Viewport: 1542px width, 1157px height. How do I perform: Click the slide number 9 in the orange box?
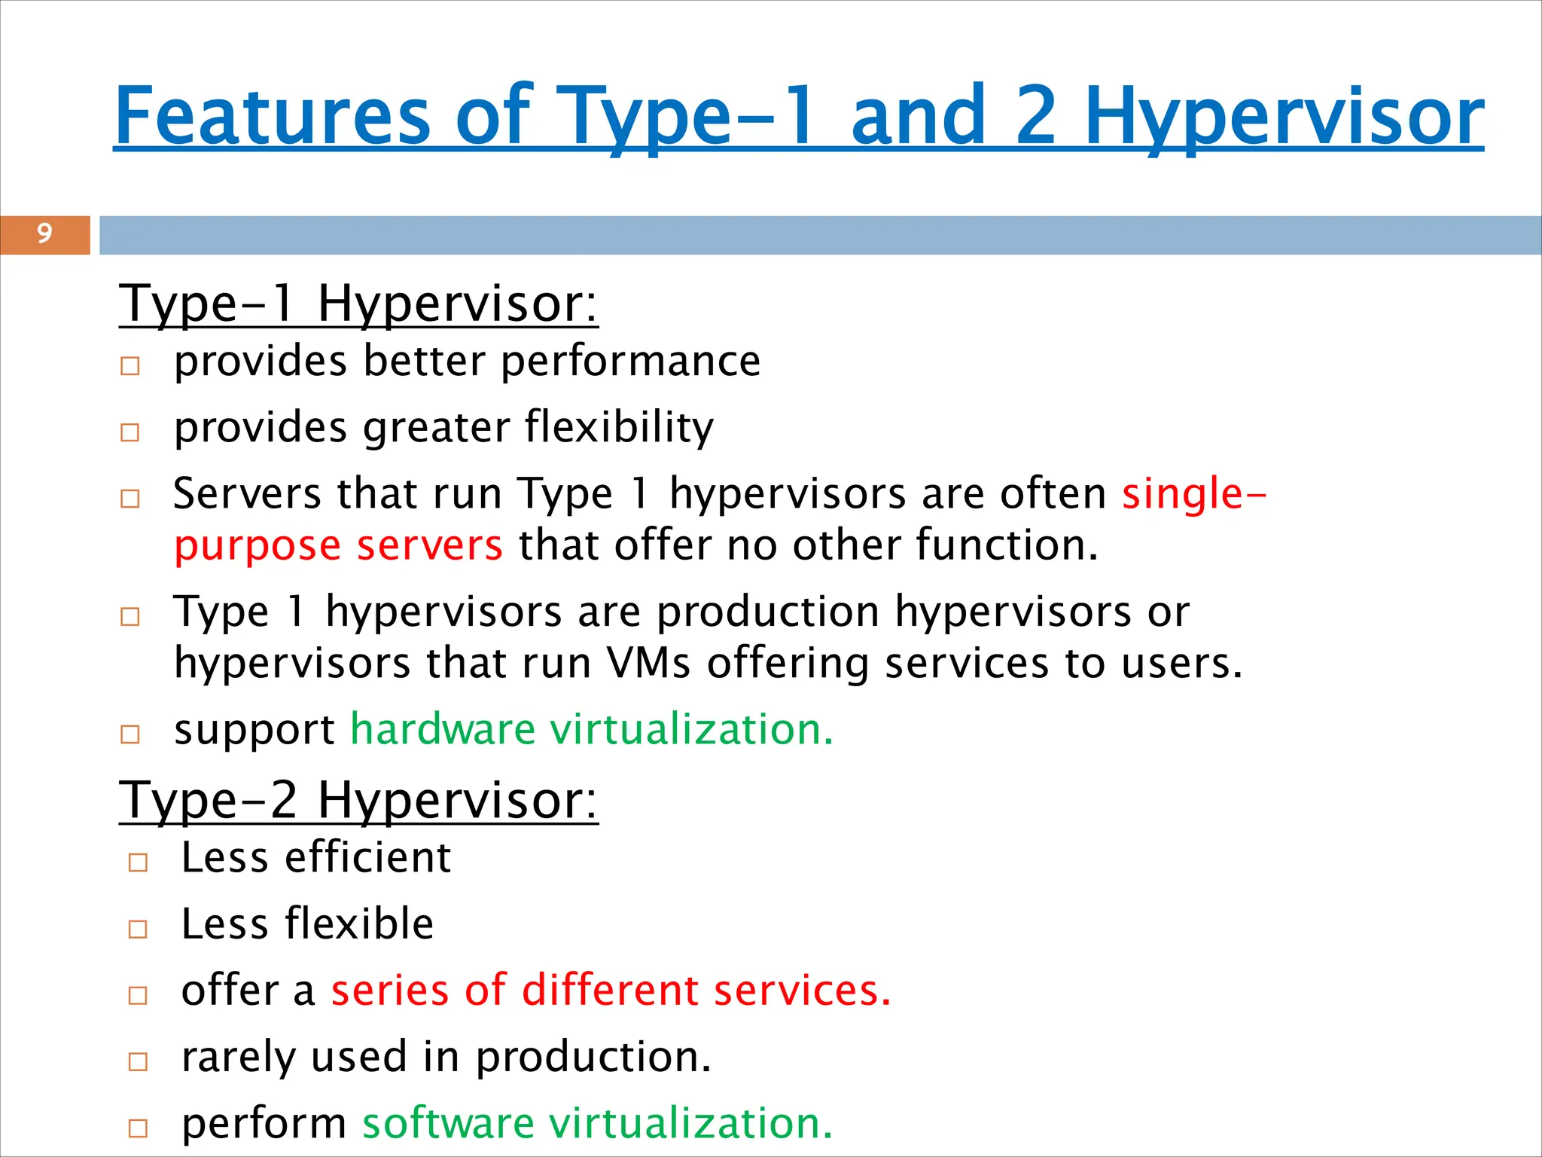44,234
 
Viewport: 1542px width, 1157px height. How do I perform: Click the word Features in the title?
273,116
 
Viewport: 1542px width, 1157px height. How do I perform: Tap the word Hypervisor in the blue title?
1284,116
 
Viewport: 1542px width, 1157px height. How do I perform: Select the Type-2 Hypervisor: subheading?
358,800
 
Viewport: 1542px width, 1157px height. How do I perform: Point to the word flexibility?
619,428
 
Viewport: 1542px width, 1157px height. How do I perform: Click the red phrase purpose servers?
338,545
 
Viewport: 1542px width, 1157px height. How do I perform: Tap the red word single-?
1194,494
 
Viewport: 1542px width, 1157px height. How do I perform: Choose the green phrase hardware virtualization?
592,730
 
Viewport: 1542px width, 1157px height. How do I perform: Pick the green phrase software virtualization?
597,1123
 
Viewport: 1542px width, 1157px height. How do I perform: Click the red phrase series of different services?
611,991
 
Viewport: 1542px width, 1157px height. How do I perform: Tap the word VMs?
648,664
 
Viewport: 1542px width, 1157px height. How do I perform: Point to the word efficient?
367,858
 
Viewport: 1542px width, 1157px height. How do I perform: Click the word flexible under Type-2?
359,924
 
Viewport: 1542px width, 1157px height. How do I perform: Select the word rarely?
238,1058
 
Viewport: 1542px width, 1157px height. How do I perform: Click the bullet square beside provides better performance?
130,367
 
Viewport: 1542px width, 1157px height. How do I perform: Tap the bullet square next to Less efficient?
138,862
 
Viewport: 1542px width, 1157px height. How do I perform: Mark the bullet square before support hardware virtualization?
130,734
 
